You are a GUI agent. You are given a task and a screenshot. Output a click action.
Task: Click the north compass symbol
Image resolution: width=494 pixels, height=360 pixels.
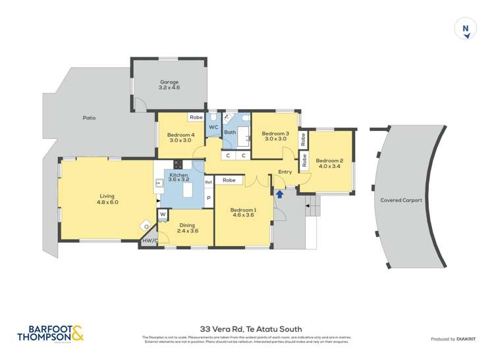coord(466,30)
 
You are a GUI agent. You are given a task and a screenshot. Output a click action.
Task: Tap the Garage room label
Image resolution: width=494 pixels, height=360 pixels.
coord(169,85)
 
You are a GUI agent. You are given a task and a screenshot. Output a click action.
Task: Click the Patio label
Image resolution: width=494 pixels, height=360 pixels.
coord(89,118)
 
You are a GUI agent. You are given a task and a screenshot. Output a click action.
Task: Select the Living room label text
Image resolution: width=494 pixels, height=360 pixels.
coord(107,199)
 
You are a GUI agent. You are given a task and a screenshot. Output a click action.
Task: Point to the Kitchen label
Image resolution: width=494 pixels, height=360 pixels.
coord(178,176)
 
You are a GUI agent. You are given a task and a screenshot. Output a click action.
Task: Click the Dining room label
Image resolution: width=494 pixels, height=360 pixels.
coord(188,228)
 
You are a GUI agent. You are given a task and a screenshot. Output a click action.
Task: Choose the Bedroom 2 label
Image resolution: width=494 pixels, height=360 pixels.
coord(329,163)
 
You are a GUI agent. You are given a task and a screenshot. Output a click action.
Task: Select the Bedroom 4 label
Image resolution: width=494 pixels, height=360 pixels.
coord(180,136)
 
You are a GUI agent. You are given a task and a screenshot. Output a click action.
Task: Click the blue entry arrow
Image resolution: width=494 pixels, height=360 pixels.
coord(280,193)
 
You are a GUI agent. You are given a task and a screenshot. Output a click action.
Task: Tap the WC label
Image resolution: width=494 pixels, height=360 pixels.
coord(213,127)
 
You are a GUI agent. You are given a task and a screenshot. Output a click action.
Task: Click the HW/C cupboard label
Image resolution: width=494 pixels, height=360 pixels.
coord(150,241)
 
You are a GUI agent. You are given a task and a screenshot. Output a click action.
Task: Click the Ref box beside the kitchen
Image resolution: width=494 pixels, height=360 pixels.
coord(208,182)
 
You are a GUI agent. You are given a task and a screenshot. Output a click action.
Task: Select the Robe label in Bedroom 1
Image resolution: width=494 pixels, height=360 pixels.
coord(229,180)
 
